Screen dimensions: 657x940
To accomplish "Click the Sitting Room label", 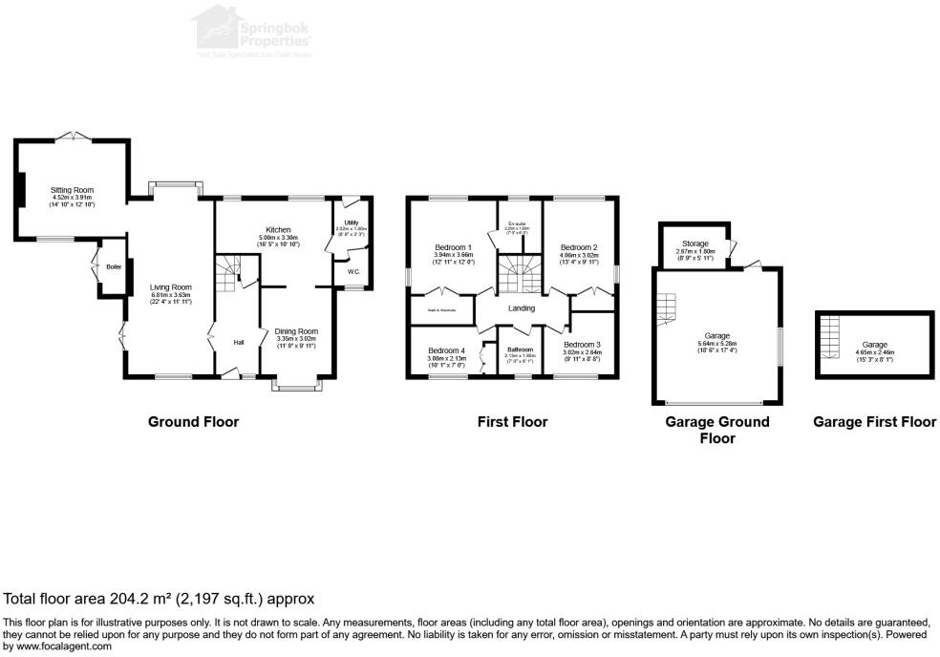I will click(x=73, y=190).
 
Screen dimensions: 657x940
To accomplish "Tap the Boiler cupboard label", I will click(x=114, y=266).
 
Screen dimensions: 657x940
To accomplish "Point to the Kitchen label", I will click(x=278, y=230).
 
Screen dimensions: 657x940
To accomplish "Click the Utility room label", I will click(x=351, y=223).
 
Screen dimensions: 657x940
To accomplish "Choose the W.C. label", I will click(x=353, y=272).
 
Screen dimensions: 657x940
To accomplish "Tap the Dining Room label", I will click(x=296, y=331).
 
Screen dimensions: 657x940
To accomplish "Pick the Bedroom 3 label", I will click(x=582, y=344).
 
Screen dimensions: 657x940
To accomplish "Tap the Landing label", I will click(x=522, y=308).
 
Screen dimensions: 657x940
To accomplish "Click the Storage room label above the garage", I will click(x=694, y=244).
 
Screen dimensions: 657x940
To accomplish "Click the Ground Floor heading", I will click(x=193, y=421).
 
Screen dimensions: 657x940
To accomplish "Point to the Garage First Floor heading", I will click(x=874, y=421).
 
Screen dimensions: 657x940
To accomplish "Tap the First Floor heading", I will click(x=512, y=421).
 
